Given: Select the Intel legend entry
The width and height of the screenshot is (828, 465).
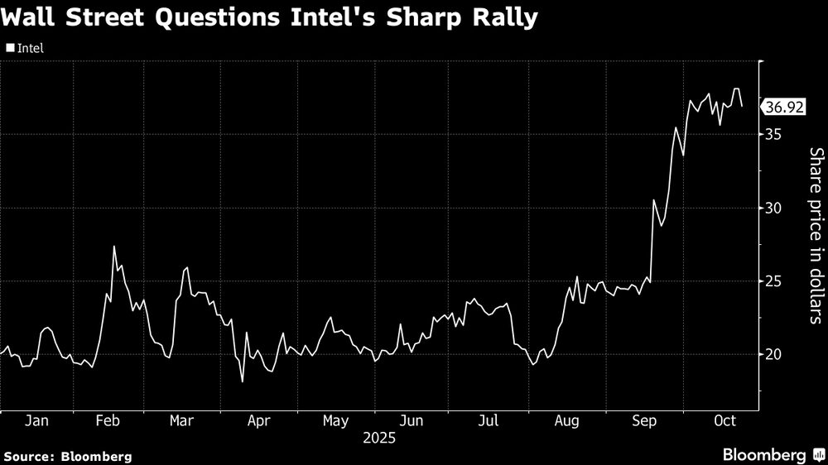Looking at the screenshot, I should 25,48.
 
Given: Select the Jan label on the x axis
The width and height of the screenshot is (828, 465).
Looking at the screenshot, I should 36,421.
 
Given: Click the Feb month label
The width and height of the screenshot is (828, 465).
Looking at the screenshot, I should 108,421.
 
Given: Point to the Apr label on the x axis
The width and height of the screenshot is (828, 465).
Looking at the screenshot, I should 259,421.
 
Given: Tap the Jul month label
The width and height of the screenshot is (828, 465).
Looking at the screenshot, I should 489,421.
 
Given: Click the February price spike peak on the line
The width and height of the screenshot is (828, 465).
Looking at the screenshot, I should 114,247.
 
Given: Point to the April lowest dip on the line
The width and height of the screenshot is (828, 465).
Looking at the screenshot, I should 243,381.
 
